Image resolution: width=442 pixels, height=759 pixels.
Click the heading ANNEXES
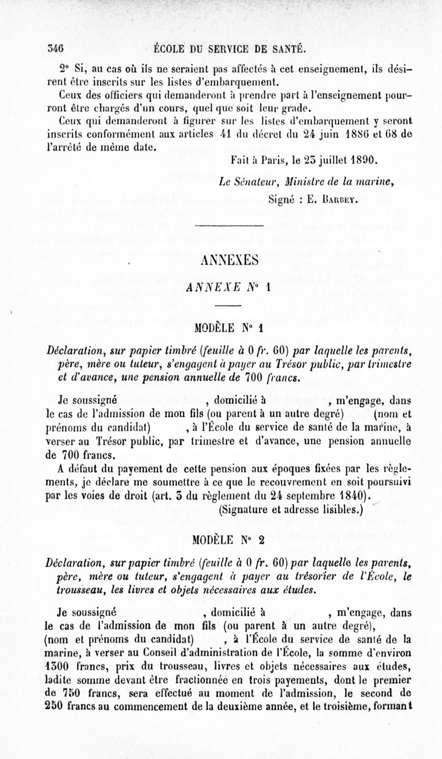pos(224,261)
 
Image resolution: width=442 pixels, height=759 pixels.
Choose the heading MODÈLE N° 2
pos(224,540)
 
